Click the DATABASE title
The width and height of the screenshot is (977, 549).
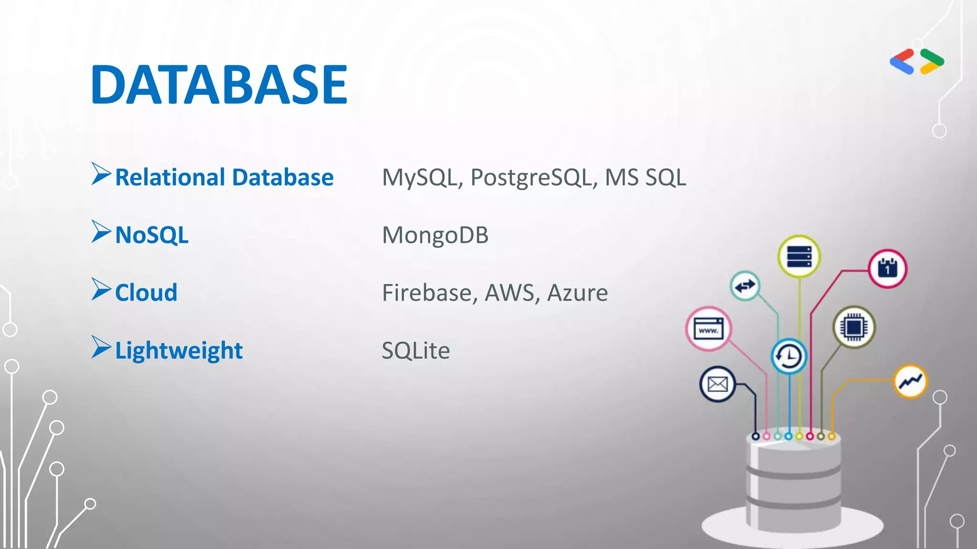(219, 85)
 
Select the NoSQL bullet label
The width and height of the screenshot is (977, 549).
(152, 235)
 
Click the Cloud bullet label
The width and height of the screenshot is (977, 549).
(146, 293)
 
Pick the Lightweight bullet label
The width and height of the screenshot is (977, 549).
(179, 351)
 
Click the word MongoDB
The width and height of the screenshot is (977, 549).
(435, 235)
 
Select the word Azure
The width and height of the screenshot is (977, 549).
(577, 293)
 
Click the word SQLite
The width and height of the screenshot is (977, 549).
(416, 351)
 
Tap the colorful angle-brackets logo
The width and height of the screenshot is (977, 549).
(916, 62)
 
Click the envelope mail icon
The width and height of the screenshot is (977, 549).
(717, 384)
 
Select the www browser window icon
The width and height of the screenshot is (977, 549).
(708, 329)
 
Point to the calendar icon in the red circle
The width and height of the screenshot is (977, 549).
(887, 268)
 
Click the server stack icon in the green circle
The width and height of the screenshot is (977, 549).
(799, 256)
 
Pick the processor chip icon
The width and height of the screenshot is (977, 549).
(854, 327)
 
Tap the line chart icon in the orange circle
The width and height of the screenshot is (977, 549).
(910, 381)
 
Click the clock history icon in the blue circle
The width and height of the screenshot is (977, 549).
(789, 356)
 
